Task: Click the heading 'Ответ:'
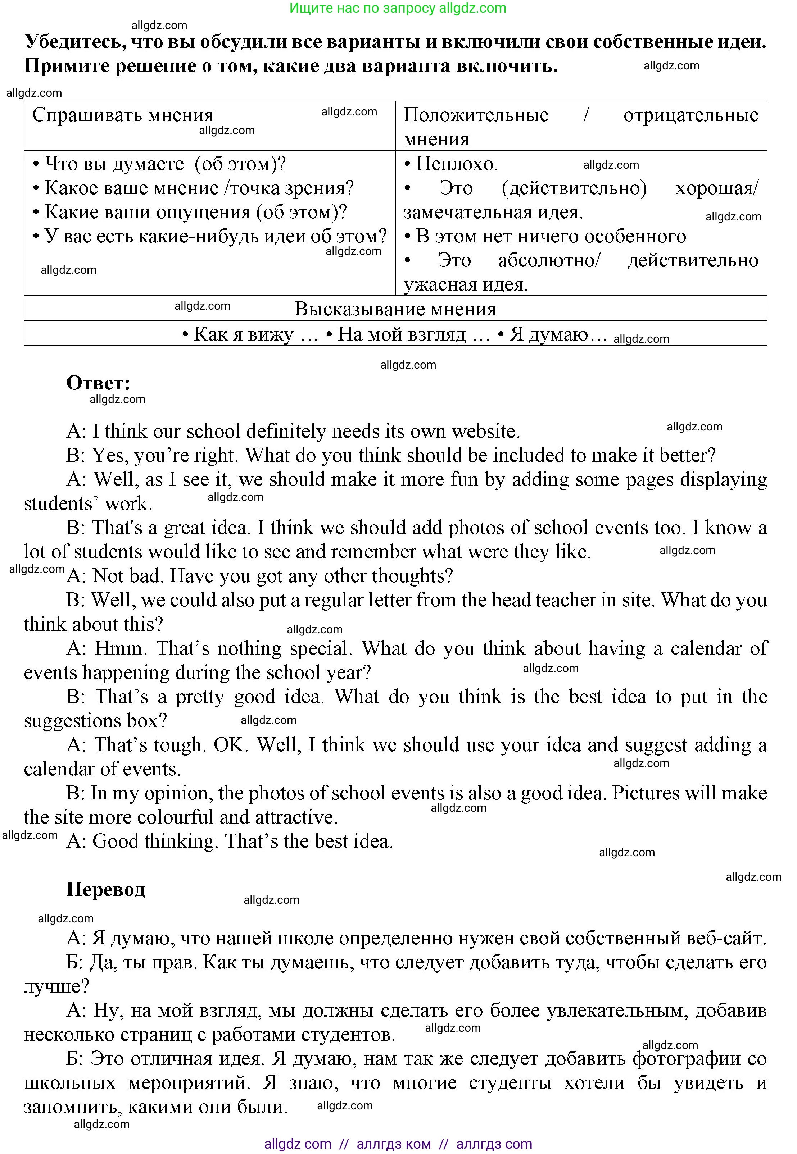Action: (98, 383)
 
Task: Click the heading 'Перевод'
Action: (105, 889)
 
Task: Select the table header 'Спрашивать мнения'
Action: (123, 115)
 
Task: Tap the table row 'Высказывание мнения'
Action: (395, 309)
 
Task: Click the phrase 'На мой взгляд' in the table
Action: (402, 334)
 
